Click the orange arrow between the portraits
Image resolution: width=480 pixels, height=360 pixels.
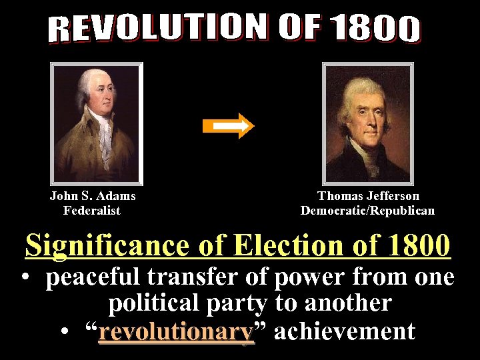click(x=236, y=125)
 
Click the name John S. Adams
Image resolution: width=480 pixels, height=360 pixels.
click(x=93, y=196)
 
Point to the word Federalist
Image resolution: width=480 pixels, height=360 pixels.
click(x=92, y=211)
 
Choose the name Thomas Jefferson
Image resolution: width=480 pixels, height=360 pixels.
click(x=368, y=196)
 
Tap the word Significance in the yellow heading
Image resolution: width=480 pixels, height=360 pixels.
click(x=108, y=246)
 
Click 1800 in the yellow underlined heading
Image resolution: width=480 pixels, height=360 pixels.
click(x=417, y=245)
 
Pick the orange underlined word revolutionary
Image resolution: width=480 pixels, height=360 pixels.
click(x=177, y=331)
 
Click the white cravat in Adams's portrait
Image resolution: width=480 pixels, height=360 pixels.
click(x=104, y=137)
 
